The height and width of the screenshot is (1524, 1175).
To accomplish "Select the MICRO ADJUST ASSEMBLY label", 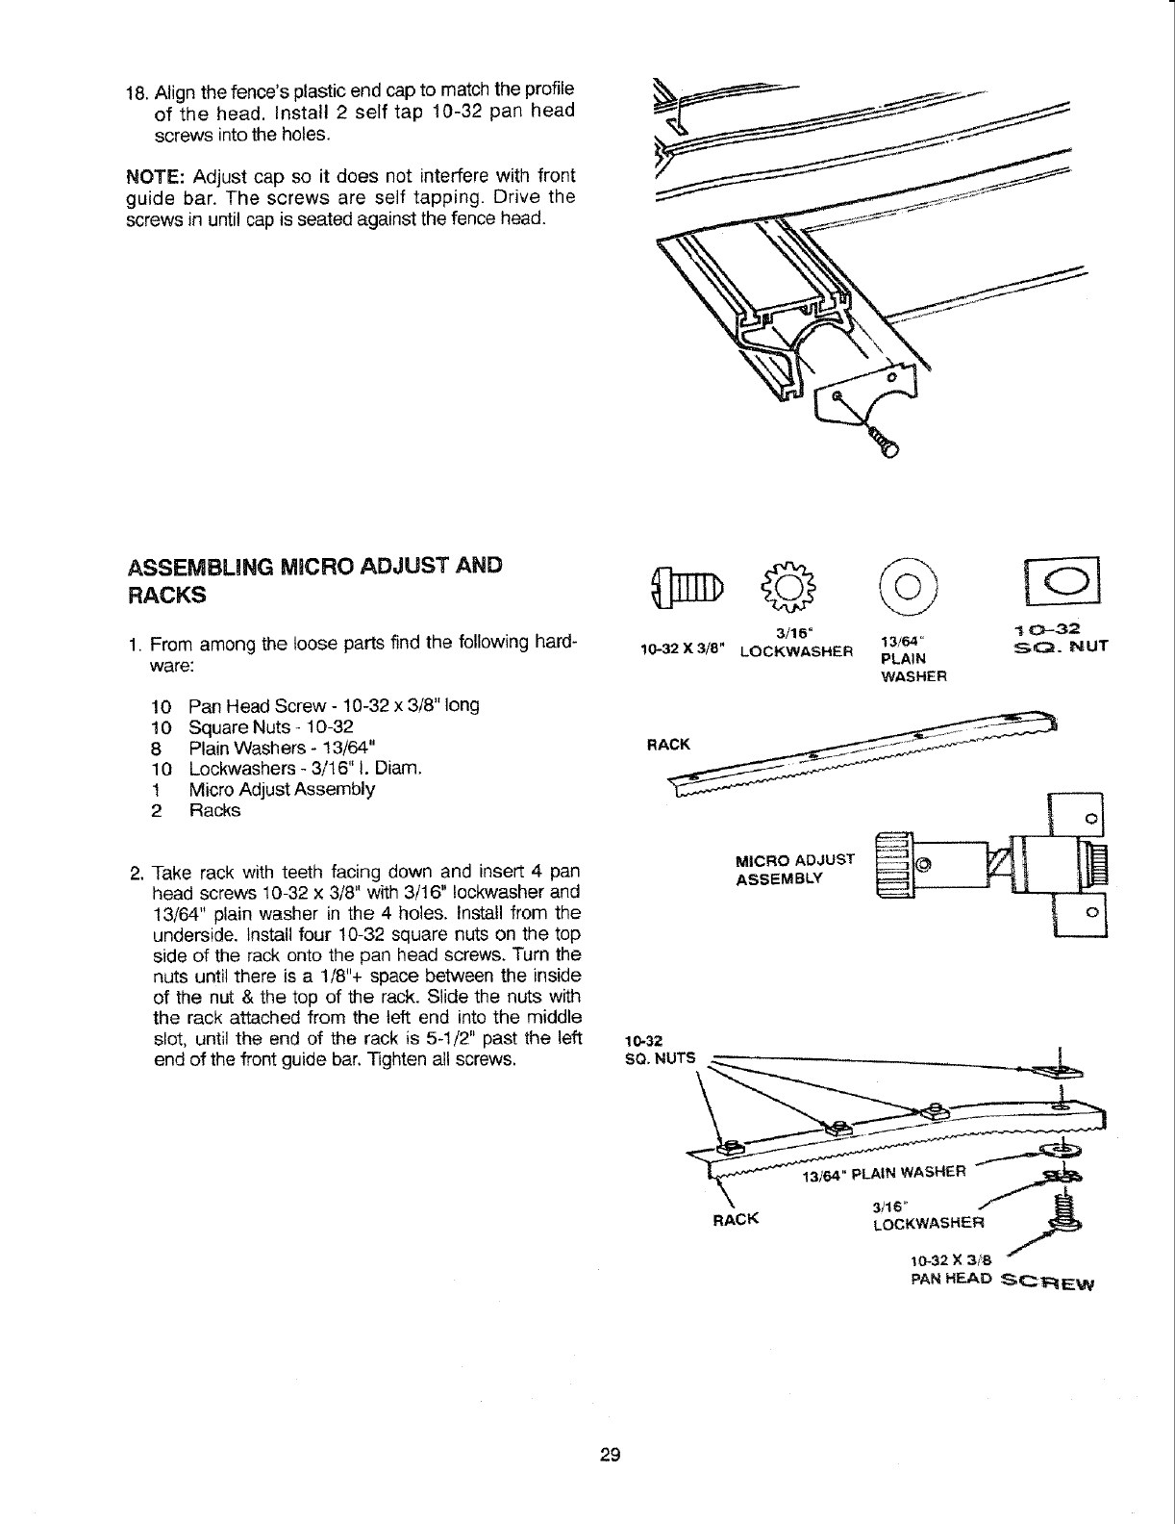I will (x=794, y=869).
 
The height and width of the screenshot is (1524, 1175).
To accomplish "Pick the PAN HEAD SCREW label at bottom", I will (x=1001, y=1281).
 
